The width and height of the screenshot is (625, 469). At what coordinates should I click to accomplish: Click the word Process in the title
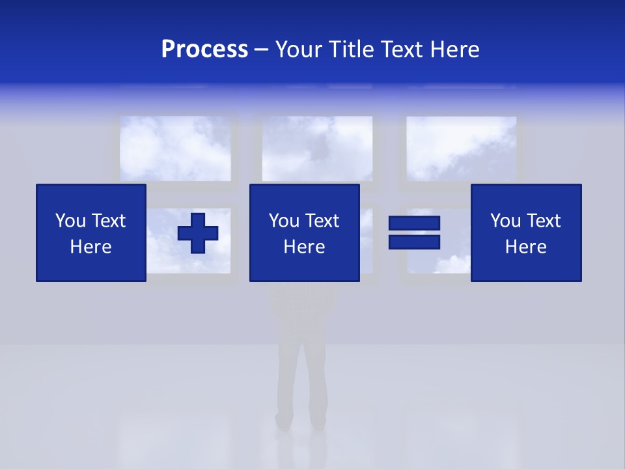(204, 50)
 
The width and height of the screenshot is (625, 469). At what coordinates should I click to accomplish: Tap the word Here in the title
(454, 50)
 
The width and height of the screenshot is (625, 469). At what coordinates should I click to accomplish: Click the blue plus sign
(198, 233)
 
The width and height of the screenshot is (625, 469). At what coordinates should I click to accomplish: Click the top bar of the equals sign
(414, 223)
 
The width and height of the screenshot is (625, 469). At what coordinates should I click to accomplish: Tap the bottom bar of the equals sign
(414, 242)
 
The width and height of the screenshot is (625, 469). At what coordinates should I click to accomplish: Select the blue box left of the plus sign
(90, 233)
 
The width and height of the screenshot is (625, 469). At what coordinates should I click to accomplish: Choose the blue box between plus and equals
(304, 233)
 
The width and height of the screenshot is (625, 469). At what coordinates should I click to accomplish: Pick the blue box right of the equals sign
(525, 233)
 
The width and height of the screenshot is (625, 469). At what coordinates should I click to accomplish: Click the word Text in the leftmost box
(108, 221)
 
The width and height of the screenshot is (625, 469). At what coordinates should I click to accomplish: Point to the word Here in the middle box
(304, 247)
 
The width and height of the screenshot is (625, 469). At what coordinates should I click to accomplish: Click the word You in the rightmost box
(505, 221)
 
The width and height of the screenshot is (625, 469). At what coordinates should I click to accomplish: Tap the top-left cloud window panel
(175, 149)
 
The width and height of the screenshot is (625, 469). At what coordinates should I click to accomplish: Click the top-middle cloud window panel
(317, 149)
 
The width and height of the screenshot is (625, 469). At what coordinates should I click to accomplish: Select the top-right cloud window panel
(462, 149)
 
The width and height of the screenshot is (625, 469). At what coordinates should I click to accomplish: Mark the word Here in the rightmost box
(525, 247)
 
